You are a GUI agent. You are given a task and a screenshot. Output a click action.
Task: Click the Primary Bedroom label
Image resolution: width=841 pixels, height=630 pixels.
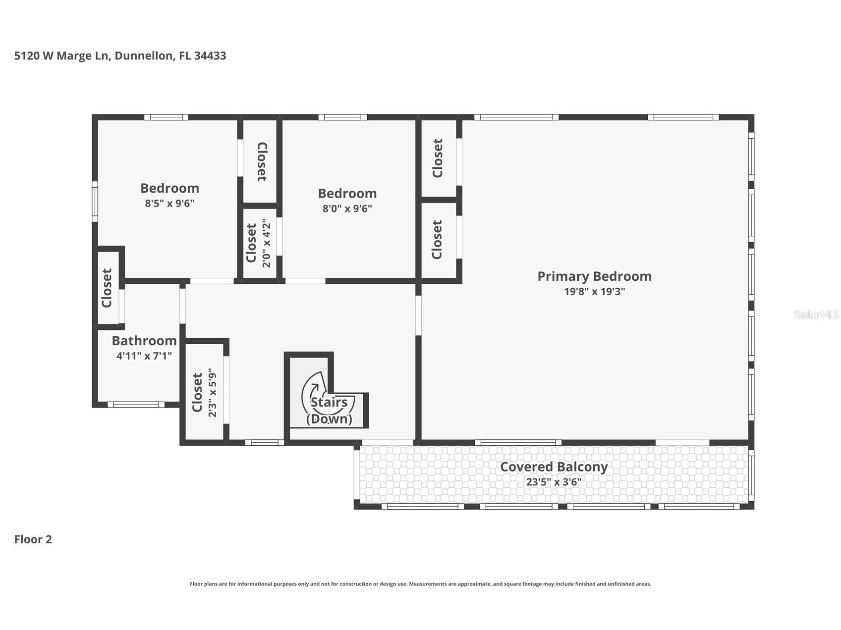[594, 276]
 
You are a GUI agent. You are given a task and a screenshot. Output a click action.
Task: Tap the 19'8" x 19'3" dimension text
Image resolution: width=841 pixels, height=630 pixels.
[594, 292]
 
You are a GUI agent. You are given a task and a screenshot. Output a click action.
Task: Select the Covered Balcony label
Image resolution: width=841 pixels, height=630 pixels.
[554, 467]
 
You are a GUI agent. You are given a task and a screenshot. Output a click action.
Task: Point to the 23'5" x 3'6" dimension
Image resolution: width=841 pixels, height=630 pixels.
[554, 482]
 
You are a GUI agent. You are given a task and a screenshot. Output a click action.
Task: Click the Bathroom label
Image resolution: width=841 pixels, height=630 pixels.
[144, 341]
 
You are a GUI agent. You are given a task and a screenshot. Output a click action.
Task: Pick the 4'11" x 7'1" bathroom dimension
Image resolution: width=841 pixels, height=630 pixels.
[144, 356]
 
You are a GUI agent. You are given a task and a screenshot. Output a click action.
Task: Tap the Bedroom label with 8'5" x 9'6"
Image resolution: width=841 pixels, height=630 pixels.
[169, 188]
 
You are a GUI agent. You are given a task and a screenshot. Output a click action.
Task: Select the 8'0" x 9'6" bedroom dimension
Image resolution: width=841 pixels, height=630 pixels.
[347, 209]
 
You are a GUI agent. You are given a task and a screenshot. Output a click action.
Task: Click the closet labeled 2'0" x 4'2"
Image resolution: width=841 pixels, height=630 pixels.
[259, 243]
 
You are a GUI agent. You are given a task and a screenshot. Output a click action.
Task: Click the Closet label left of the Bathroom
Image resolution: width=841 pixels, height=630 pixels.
[107, 288]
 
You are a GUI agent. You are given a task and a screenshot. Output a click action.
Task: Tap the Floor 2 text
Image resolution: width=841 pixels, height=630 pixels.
[33, 539]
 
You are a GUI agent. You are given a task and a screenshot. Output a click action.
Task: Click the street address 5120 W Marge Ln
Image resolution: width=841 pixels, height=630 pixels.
[61, 55]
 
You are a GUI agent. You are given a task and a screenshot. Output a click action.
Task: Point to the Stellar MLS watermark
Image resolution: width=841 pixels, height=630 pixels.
[816, 315]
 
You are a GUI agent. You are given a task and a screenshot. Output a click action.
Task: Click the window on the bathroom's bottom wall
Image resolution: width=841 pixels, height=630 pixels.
[136, 405]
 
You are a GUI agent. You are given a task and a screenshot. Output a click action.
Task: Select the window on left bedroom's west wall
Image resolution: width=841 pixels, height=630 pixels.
[95, 201]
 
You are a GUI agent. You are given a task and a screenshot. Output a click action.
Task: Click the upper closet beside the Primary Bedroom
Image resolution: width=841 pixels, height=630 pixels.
[438, 158]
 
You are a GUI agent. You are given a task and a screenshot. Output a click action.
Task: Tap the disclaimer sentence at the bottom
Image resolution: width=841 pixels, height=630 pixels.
[420, 584]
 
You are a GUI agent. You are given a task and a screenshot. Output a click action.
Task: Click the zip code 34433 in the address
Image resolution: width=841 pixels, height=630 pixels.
[210, 55]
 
